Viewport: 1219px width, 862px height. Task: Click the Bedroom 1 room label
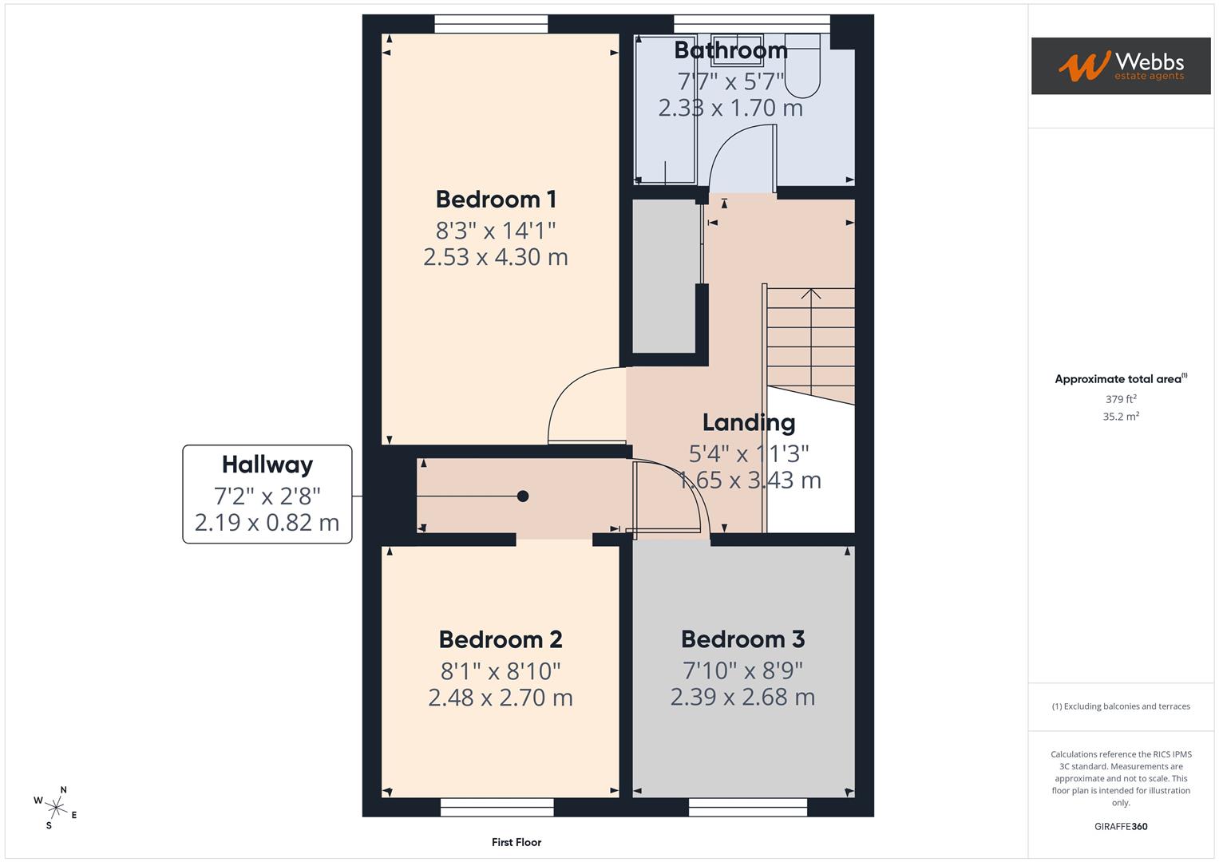[x=495, y=199]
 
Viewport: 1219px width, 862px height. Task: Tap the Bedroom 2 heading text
[x=501, y=639]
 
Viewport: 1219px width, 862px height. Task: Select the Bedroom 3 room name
[x=742, y=639]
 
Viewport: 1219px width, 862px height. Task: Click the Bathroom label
[x=730, y=50]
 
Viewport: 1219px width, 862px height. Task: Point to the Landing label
[x=749, y=422]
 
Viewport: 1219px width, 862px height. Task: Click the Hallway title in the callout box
[x=267, y=465]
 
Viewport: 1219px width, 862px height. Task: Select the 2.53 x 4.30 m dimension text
[x=495, y=257]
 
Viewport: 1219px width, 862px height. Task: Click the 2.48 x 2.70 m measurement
[x=501, y=698]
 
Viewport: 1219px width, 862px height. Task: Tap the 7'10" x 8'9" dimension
[x=742, y=670]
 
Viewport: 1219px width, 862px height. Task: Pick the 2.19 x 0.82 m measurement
[x=267, y=523]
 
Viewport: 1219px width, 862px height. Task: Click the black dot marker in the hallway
[x=523, y=496]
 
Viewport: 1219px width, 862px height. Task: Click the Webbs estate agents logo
[x=1120, y=66]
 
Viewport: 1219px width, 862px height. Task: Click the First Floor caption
[x=516, y=842]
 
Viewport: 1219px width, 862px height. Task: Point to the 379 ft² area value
[x=1121, y=399]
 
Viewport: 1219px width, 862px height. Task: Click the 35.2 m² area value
[x=1121, y=417]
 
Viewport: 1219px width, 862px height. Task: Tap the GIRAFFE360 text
[x=1121, y=827]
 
